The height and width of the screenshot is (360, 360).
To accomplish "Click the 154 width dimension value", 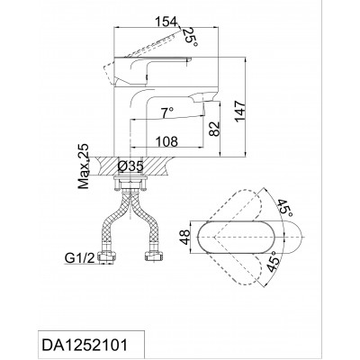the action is click(166, 22).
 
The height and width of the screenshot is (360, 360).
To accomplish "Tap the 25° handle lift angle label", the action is click(191, 37).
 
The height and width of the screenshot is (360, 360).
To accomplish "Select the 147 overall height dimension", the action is click(240, 112).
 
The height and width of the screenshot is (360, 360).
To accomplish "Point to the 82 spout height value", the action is click(214, 129).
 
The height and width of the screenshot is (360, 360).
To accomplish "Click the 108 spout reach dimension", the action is click(166, 141).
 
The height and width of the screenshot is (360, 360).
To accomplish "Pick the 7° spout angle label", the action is click(167, 113).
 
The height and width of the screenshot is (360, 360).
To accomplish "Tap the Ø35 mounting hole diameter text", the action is click(130, 166).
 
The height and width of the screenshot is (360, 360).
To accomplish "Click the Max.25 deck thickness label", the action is click(84, 166).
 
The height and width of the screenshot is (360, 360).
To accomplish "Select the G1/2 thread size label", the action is click(80, 258).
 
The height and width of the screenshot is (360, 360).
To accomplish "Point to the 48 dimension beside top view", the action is click(185, 237).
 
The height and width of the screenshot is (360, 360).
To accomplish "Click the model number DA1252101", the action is click(85, 345).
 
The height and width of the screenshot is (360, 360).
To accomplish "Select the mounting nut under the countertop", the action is click(130, 184).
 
